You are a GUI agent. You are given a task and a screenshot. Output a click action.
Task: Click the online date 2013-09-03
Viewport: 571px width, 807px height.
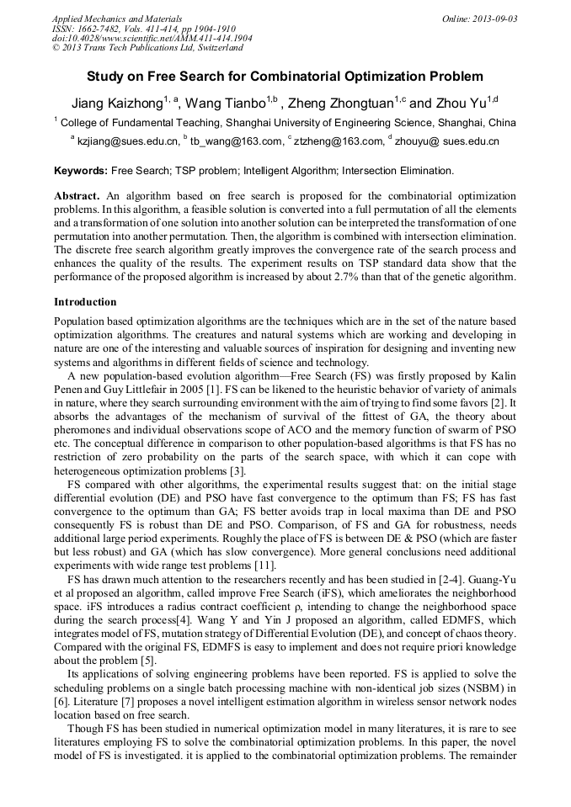coord(493,19)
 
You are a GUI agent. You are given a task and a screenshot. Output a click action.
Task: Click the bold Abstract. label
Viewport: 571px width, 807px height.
coord(77,196)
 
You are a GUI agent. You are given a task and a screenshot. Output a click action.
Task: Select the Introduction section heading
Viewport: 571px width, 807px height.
coord(85,302)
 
